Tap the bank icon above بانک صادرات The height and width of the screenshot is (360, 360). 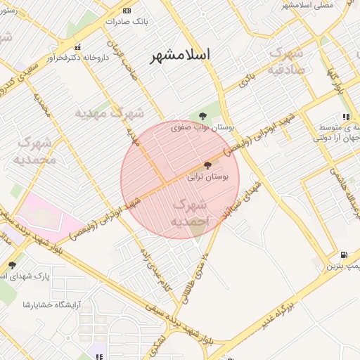pos(127,11)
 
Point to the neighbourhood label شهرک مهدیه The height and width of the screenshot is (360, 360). pos(109,112)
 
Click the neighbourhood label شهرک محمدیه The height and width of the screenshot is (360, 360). pos(34,151)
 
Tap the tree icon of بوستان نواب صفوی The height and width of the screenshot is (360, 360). pos(203,115)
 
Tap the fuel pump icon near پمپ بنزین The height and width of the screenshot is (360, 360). pos(342,255)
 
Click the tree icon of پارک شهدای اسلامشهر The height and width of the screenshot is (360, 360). pos(12,265)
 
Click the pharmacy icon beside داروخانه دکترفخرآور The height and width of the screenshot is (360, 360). pos(78,47)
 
